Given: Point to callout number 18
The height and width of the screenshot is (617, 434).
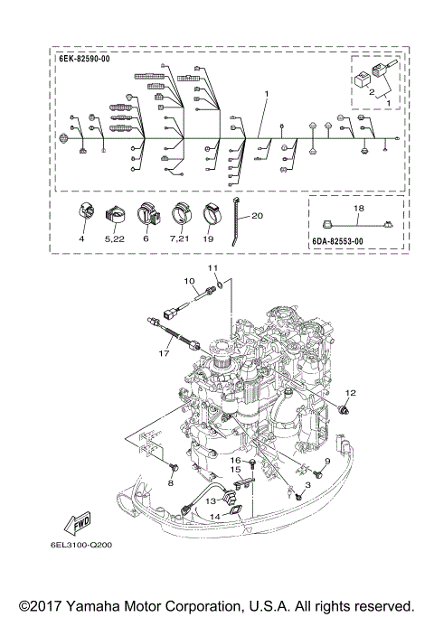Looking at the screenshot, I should tap(360, 208).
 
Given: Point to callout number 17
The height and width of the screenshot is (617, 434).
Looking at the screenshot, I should tap(166, 354).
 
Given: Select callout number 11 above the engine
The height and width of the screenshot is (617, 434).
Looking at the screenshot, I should tap(214, 269).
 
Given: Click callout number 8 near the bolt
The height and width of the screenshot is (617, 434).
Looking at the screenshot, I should tap(170, 483).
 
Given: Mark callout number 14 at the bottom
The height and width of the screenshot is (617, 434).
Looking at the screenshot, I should tap(215, 516).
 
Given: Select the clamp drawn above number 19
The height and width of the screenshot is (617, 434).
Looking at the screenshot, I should tap(212, 215).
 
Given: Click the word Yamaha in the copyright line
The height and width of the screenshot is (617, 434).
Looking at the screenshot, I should tap(99, 605).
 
